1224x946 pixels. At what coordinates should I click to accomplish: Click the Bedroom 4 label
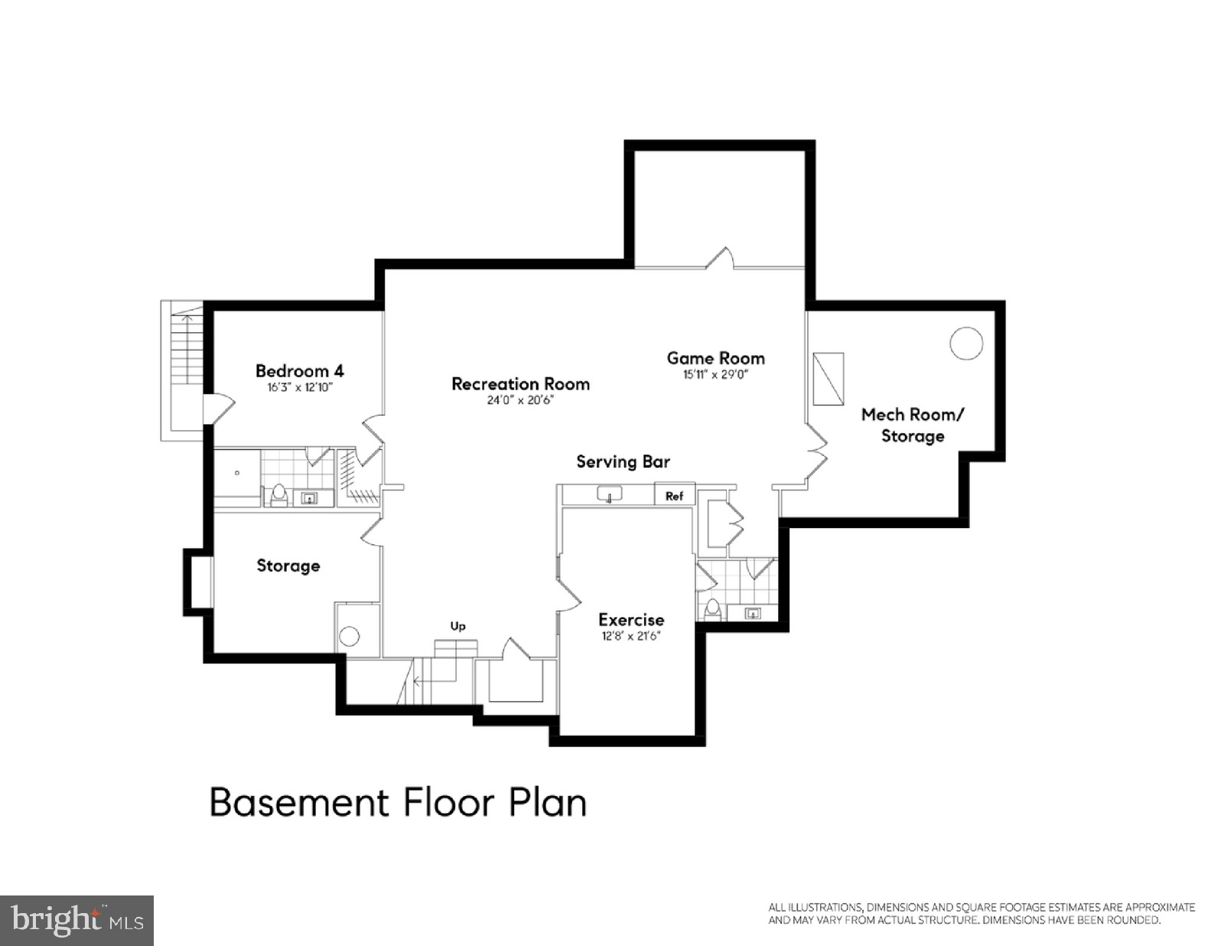point(299,371)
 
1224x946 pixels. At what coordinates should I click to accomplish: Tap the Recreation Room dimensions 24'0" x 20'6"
point(520,400)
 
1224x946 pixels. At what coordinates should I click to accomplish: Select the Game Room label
point(715,358)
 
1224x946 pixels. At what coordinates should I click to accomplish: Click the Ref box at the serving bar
point(674,496)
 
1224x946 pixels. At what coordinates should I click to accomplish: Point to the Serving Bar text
point(623,462)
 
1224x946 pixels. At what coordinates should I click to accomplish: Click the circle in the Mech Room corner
point(965,343)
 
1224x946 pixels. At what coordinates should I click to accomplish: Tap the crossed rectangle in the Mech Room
point(828,378)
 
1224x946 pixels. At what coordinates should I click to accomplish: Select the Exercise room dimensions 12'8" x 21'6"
point(630,636)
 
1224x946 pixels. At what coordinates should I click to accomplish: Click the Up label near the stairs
point(457,626)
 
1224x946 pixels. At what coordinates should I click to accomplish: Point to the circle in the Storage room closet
point(350,636)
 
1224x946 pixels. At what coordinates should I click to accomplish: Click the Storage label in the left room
point(288,566)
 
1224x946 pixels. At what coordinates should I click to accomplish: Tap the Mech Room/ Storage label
point(913,425)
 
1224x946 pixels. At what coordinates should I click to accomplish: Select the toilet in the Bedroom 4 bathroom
point(278,494)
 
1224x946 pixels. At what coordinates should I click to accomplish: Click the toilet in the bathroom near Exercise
point(712,608)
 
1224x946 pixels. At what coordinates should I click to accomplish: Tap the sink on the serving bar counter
point(610,495)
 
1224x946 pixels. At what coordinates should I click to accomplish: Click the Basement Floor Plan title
point(398,802)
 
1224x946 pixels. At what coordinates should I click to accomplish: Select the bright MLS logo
point(76,919)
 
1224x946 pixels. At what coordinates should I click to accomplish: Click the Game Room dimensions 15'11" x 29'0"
point(715,375)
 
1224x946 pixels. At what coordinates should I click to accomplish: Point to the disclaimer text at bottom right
point(981,913)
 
